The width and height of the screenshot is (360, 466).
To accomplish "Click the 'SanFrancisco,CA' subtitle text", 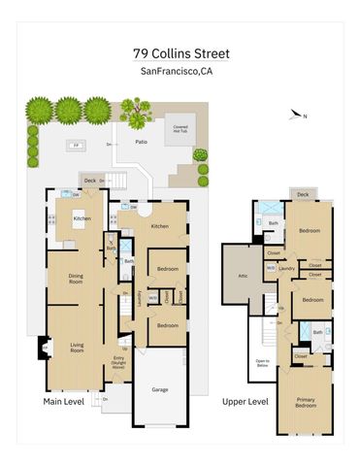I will point(176,70).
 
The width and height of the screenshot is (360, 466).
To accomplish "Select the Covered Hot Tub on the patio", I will point(180,129).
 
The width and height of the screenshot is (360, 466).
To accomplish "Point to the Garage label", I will point(159,389).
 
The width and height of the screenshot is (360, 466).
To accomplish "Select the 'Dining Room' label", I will point(75,280).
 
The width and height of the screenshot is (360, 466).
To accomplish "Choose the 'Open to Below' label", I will point(261,362).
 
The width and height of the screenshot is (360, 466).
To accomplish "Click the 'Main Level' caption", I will point(64,401).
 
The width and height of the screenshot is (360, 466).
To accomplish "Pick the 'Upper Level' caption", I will point(244,401).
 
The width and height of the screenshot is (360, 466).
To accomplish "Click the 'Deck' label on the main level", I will point(90,180).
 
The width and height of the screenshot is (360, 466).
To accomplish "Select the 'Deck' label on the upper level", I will point(303,194).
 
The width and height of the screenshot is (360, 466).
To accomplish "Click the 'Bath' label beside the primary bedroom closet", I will point(318,333).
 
